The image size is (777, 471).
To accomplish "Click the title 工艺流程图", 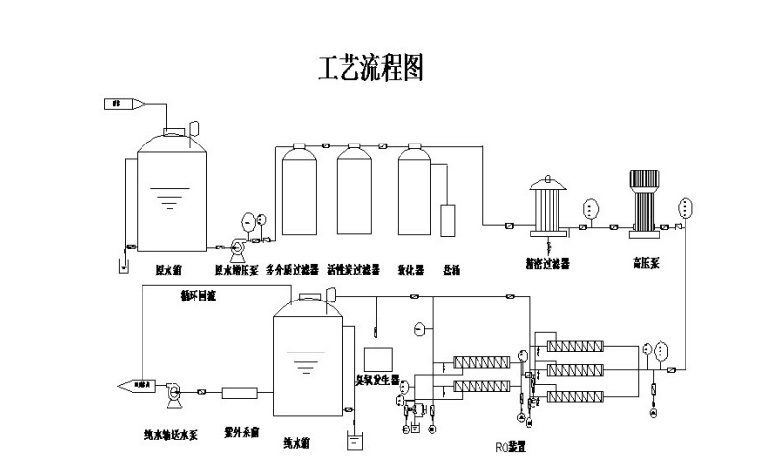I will [x=370, y=67].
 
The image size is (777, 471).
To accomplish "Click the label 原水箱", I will [x=170, y=270].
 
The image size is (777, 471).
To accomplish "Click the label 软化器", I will [x=412, y=270].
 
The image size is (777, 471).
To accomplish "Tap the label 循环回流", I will [x=197, y=296].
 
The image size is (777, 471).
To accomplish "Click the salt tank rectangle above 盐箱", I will [x=449, y=221].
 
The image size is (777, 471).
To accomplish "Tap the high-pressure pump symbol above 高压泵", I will [x=643, y=202].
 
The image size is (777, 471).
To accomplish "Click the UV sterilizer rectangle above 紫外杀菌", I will [x=240, y=393].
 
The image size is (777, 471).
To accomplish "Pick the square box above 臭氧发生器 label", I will [x=377, y=357].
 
